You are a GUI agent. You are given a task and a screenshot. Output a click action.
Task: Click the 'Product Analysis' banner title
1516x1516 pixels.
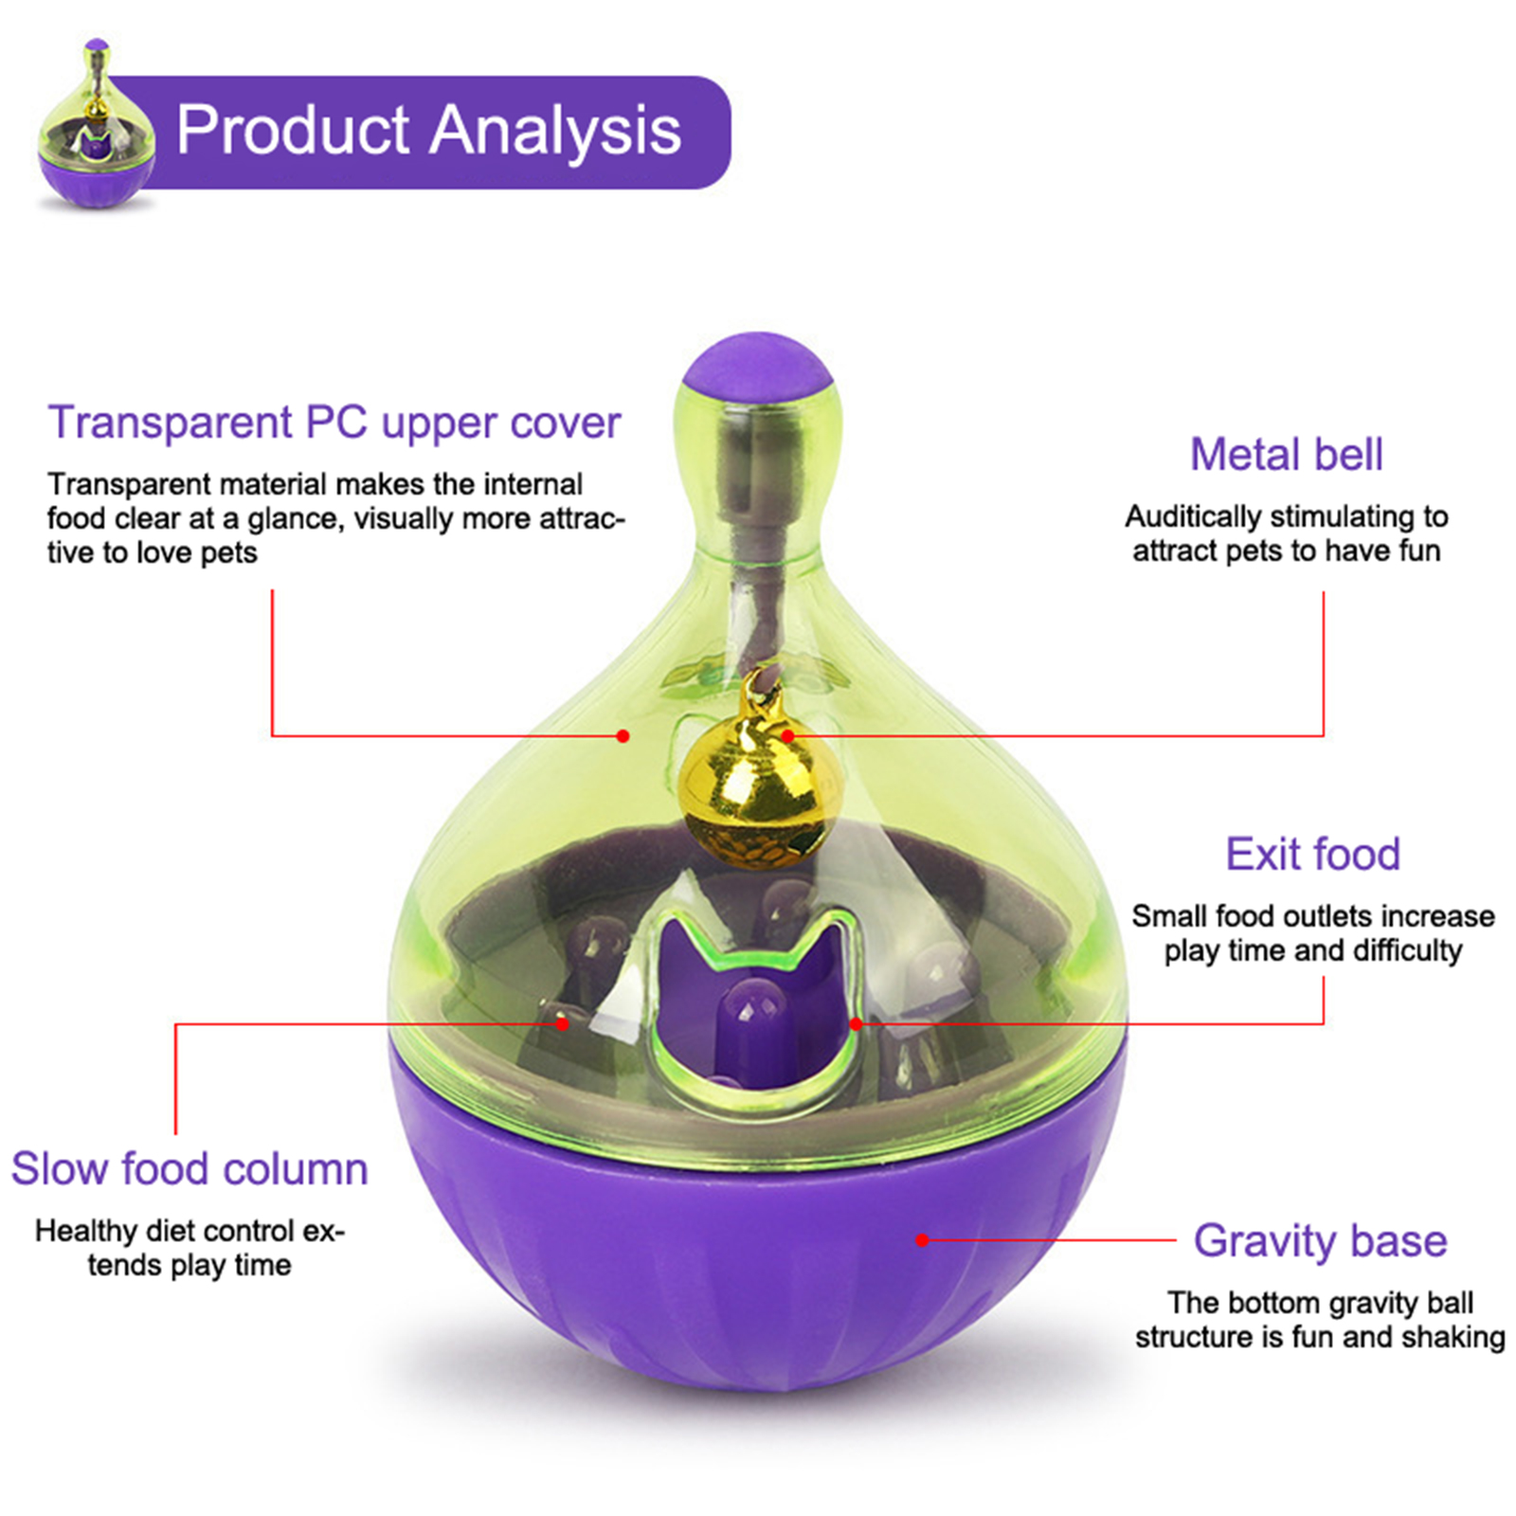[x=428, y=131]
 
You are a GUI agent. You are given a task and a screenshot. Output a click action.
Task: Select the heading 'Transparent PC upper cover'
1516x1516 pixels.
[x=334, y=423]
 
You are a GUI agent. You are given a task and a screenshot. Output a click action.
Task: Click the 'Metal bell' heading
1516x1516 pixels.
[x=1286, y=454]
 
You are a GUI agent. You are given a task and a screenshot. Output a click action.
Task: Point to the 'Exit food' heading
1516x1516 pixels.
[x=1312, y=854]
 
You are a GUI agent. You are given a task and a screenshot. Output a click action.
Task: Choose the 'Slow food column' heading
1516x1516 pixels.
[x=189, y=1168]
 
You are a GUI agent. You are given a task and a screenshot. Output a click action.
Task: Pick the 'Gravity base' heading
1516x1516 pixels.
[x=1320, y=1240]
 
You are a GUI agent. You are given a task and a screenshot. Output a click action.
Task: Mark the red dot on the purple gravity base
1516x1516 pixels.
[x=922, y=1239]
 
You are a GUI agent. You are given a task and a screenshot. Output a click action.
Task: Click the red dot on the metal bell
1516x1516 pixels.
[x=787, y=735]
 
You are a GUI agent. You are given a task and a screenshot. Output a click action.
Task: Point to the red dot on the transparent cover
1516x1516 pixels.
[x=623, y=735]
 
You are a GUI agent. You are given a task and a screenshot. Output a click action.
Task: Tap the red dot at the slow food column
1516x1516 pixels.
[x=562, y=1023]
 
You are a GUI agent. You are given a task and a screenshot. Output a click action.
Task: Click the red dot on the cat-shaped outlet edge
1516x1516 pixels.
[x=856, y=1023]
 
